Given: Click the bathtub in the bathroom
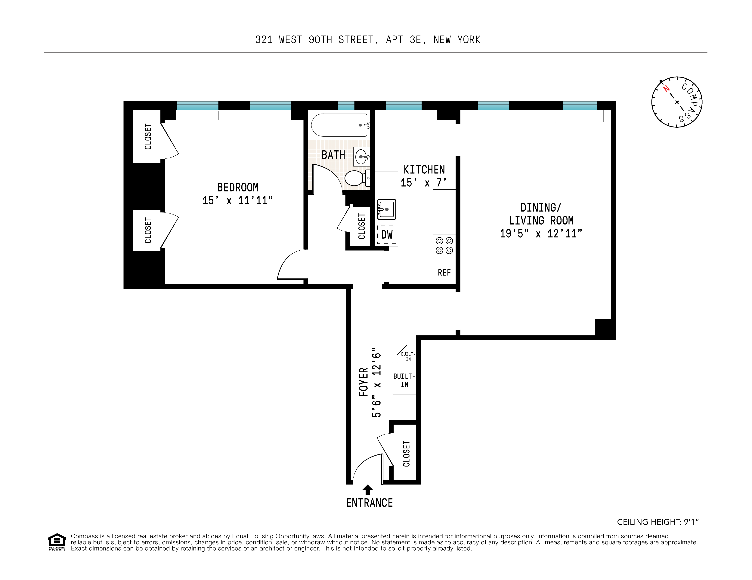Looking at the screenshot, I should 339,125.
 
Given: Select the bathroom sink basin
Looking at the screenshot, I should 361,157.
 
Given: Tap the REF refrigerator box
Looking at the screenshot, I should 444,273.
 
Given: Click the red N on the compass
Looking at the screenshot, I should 666,89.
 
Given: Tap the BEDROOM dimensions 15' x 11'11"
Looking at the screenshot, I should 238,200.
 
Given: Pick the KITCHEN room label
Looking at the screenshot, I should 424,170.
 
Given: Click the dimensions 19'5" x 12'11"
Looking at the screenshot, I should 541,234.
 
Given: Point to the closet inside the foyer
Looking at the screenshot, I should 406,453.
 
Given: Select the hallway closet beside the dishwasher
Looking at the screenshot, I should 361,226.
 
